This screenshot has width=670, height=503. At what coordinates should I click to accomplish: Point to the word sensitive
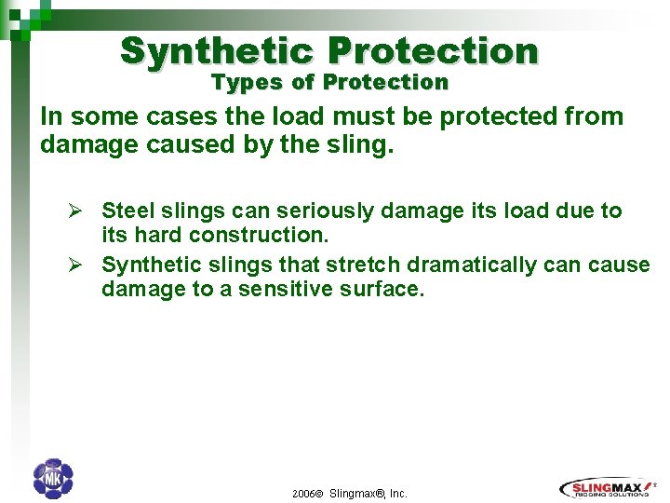[x=283, y=289]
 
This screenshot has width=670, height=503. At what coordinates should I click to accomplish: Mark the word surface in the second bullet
[x=382, y=289]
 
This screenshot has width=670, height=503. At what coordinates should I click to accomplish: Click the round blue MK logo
[x=52, y=479]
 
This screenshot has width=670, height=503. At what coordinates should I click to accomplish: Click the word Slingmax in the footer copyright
[x=357, y=494]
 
